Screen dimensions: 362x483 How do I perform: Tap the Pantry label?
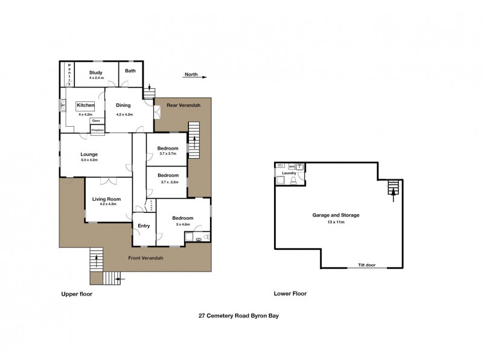(x=69, y=74)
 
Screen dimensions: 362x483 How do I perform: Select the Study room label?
(x=95, y=72)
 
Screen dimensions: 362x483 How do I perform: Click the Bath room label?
(x=130, y=71)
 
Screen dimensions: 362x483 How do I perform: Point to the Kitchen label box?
(x=85, y=105)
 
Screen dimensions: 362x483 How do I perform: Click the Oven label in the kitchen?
(x=96, y=121)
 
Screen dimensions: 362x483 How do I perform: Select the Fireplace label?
(x=97, y=130)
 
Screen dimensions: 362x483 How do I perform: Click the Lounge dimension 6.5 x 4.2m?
(x=89, y=160)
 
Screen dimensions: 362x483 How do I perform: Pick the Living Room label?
(x=106, y=198)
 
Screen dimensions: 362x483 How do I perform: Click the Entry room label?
(x=144, y=226)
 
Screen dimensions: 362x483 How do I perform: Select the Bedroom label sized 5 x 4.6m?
(x=182, y=218)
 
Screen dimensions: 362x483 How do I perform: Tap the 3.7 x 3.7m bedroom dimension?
(x=168, y=154)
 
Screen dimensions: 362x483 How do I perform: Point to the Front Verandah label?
(x=146, y=258)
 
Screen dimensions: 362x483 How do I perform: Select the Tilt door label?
(x=366, y=265)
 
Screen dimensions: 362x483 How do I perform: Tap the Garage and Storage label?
(x=336, y=215)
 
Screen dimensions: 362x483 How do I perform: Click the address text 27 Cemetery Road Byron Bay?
(x=238, y=315)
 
